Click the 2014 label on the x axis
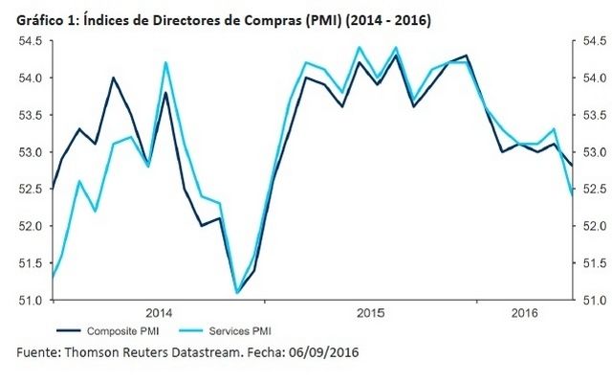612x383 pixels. [158, 313]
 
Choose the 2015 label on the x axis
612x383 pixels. [370, 313]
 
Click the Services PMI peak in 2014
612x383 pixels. [166, 63]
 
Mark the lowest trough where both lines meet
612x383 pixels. [236, 292]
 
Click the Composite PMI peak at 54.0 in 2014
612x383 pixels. [113, 78]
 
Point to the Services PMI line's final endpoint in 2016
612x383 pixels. [572, 194]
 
